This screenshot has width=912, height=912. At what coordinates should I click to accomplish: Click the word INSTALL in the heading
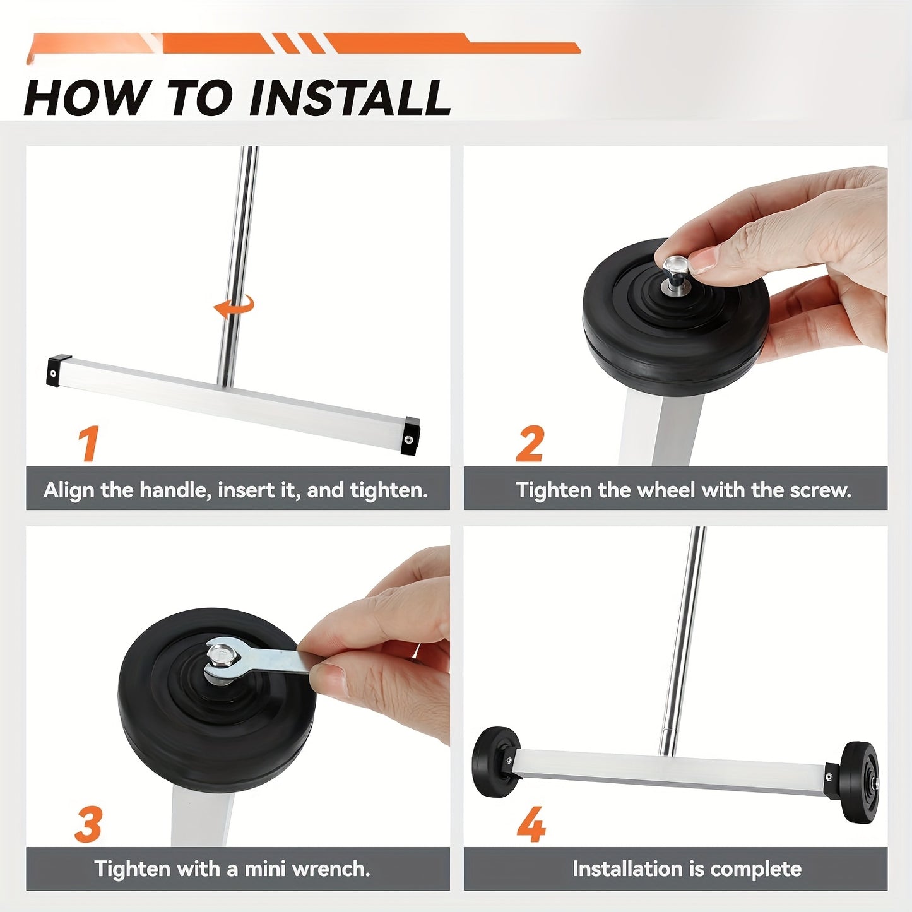(x=350, y=98)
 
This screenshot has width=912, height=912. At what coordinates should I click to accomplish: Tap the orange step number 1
(x=90, y=443)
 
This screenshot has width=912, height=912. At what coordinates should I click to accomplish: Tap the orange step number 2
(x=529, y=443)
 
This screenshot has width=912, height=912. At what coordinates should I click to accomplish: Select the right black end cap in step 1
(x=410, y=435)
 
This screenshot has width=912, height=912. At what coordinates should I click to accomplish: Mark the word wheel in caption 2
(x=667, y=490)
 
